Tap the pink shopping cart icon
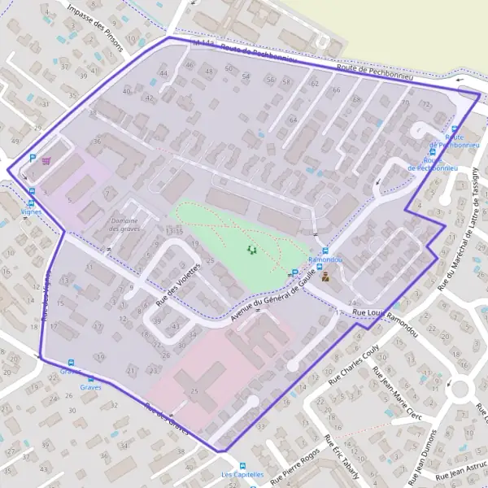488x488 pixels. click(x=46, y=159)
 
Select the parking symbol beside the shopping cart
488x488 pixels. click(x=33, y=159)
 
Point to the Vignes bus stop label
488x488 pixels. click(x=32, y=211)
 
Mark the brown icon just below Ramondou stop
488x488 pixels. click(x=325, y=277)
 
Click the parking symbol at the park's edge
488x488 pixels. click(x=294, y=273)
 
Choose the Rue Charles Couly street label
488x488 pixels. click(x=355, y=363)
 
